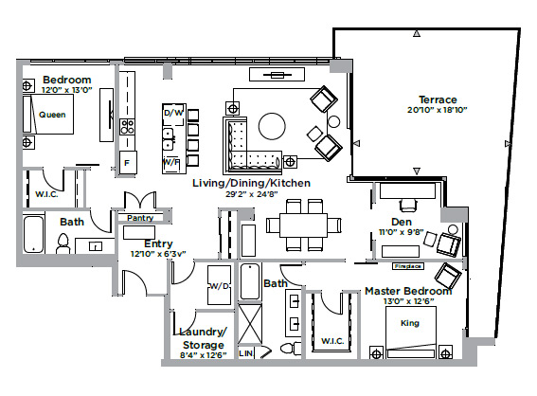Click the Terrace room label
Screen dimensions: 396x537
pos(438,99)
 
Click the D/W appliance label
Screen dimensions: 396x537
pos(172,114)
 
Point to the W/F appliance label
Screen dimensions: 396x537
pos(172,162)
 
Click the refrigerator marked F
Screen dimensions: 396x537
pos(126,163)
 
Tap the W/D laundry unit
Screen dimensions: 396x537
pos(219,284)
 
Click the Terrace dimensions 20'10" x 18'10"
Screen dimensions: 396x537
pos(437,110)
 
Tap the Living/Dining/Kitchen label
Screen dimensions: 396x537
pos(250,182)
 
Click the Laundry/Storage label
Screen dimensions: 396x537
pos(203,337)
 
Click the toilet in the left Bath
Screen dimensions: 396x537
pos(64,244)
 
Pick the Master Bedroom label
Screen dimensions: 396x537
pos(408,291)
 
